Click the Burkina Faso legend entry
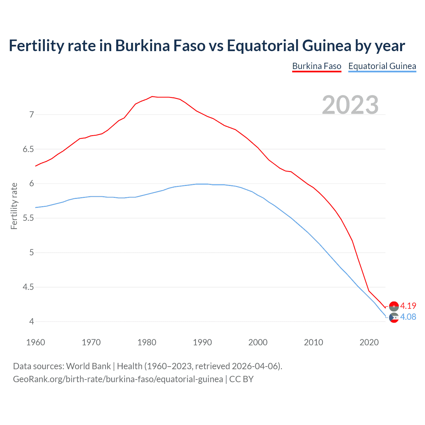point(316,66)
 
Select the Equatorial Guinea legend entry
point(382,66)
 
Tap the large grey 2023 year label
point(350,105)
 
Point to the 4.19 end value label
point(408,306)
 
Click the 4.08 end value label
point(408,317)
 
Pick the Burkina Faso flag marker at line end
point(394,306)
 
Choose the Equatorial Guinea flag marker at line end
point(394,318)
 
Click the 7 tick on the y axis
point(32,115)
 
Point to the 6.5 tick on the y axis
point(28,149)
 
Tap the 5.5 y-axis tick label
point(28,218)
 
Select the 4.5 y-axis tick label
point(28,287)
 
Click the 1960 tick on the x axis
point(36,342)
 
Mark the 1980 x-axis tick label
point(147,342)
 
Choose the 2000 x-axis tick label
point(258,342)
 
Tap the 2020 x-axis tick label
point(369,342)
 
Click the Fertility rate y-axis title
point(14,206)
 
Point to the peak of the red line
point(152,97)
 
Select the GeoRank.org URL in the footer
point(118,379)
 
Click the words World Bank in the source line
point(88,366)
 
